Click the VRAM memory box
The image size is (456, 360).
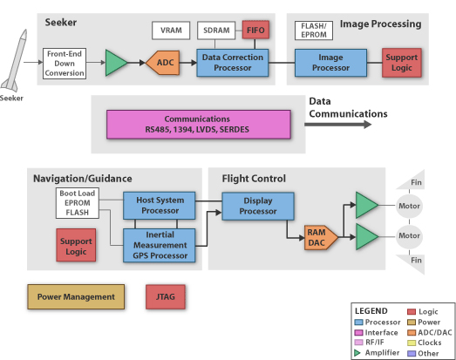click(171, 31)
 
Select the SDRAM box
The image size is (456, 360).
click(216, 31)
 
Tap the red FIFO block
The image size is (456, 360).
click(255, 30)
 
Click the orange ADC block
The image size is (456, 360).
click(162, 63)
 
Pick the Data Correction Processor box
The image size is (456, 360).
click(233, 63)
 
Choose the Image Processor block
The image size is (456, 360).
click(330, 63)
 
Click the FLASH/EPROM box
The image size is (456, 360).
click(314, 31)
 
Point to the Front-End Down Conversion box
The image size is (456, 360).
click(65, 64)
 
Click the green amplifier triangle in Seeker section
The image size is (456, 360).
click(116, 63)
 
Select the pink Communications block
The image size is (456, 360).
click(198, 125)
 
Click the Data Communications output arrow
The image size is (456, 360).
click(338, 125)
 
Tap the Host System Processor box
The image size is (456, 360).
click(159, 206)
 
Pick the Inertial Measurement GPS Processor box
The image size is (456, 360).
click(159, 246)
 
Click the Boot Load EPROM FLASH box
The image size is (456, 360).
click(78, 203)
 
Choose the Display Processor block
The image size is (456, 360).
click(258, 206)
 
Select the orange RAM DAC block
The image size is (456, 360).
click(321, 238)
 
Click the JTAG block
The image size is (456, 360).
click(166, 297)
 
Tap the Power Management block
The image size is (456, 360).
click(76, 297)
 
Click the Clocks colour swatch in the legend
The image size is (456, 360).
click(412, 343)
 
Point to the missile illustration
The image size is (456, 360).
click(15, 61)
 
